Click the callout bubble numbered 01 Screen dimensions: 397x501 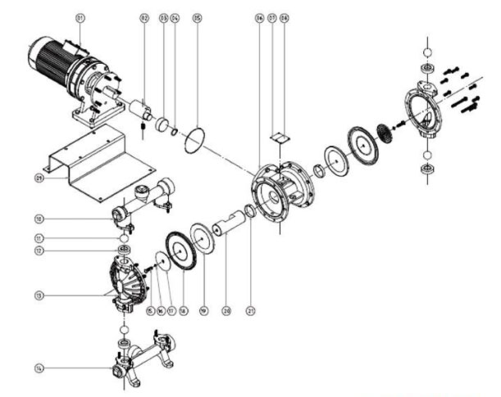click(80, 16)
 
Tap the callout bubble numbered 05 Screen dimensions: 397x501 click(196, 16)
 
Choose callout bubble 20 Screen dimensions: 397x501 click(227, 311)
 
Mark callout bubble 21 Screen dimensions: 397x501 click(251, 311)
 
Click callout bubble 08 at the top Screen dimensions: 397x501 click(285, 16)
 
